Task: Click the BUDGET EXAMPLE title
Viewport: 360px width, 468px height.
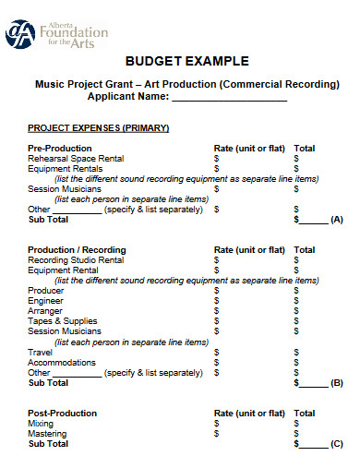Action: pos(187,62)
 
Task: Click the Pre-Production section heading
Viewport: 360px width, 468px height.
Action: pos(60,148)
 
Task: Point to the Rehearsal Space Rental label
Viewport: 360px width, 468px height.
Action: pos(76,158)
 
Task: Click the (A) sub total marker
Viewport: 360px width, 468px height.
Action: pos(336,220)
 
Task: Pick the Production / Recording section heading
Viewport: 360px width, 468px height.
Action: pos(77,250)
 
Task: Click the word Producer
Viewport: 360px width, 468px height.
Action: pos(46,291)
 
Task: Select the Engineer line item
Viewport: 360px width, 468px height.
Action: pos(46,301)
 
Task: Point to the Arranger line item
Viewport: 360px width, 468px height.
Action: pos(46,311)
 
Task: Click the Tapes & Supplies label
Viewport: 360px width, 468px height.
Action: pos(62,321)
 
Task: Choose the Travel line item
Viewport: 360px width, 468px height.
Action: pos(40,352)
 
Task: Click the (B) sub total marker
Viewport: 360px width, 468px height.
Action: pos(336,382)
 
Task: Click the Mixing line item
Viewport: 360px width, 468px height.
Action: pos(41,424)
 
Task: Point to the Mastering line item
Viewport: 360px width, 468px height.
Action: pos(47,434)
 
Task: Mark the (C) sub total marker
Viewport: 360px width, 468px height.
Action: pos(336,444)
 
